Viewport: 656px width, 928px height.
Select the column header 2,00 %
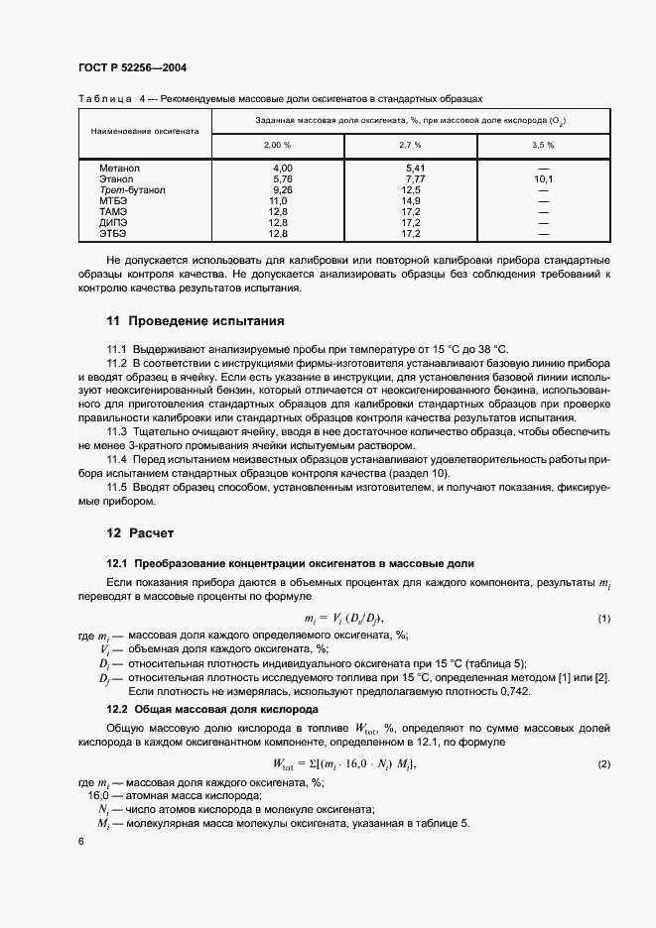point(277,145)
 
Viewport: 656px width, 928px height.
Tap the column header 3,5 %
point(543,145)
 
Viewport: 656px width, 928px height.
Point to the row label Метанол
point(119,169)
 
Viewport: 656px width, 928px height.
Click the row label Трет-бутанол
point(132,189)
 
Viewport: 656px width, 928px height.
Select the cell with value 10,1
point(543,179)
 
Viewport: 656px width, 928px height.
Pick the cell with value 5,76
point(282,179)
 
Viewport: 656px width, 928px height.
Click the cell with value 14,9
point(411,200)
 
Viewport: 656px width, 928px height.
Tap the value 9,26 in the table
point(282,189)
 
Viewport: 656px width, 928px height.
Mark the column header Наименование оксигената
point(145,131)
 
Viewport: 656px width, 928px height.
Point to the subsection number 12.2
point(118,711)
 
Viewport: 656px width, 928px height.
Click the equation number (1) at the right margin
point(602,619)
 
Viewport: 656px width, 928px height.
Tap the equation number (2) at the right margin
point(602,763)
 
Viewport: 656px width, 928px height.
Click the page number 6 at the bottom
point(80,840)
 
